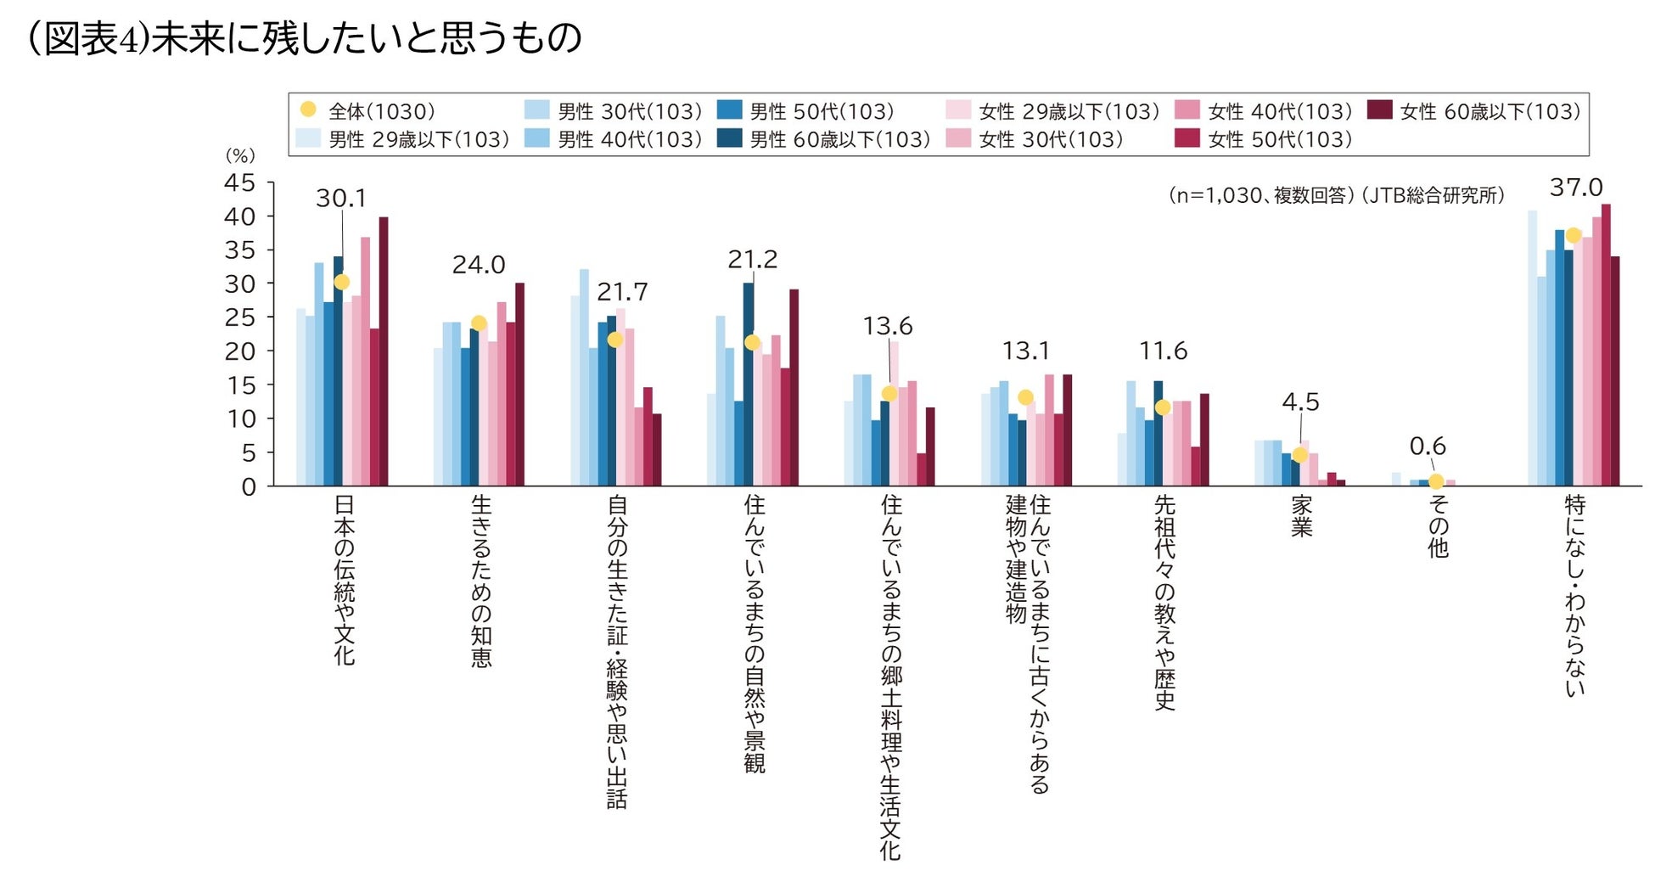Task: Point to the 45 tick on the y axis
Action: [239, 182]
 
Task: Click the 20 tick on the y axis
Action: [239, 351]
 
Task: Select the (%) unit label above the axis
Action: [239, 155]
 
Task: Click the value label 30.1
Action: [341, 199]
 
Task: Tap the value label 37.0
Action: [1576, 188]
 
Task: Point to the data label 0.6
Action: [1428, 446]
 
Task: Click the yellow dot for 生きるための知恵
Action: [479, 323]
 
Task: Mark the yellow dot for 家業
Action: [1299, 455]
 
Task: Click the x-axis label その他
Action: [1438, 526]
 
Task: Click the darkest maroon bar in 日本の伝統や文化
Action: [384, 351]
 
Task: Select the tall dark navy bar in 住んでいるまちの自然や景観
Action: [749, 384]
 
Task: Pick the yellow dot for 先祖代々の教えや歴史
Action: [1163, 407]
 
